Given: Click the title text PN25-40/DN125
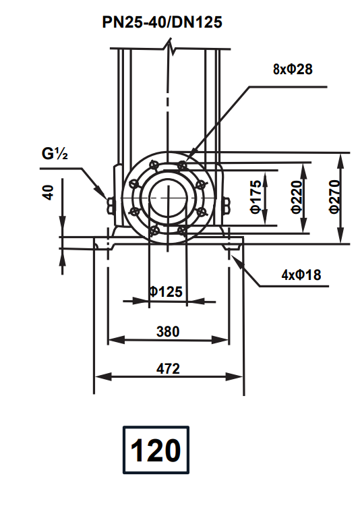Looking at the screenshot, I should [x=162, y=22].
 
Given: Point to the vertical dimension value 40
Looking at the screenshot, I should [x=48, y=192].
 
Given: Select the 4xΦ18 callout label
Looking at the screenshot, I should [x=301, y=275].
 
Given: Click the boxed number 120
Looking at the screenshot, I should [x=156, y=450].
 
